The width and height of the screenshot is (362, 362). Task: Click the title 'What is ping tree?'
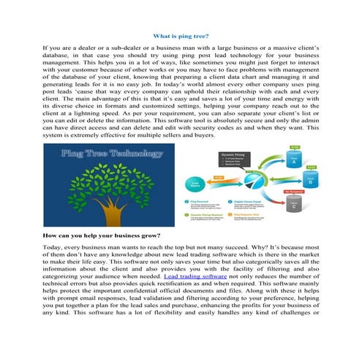pyautogui.click(x=180, y=35)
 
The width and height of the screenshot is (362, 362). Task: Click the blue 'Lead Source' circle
pyautogui.click(x=195, y=185)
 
